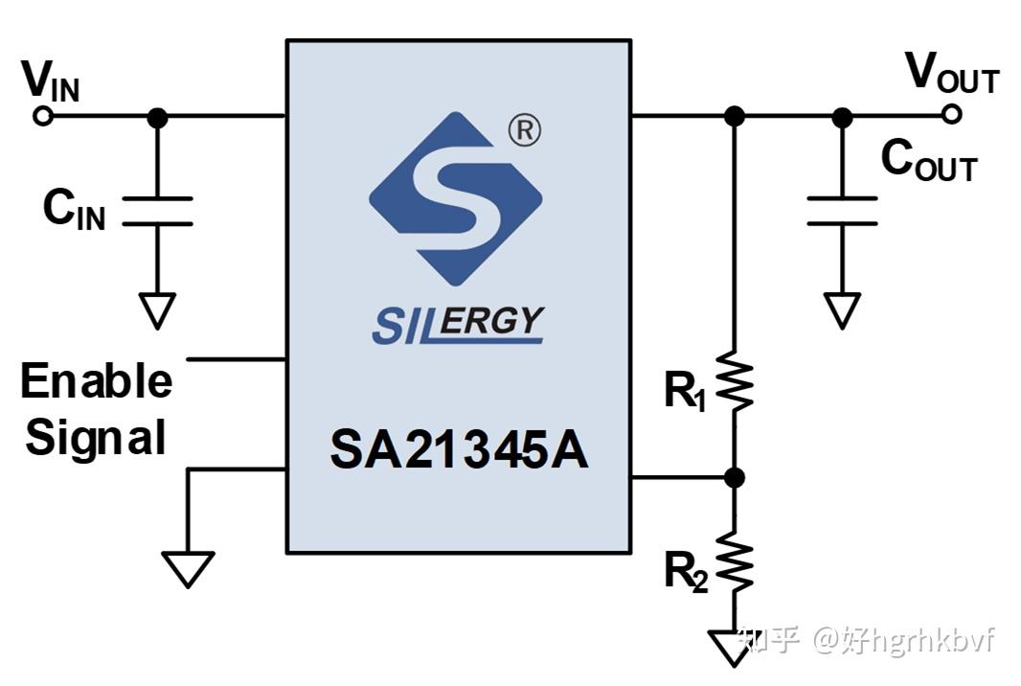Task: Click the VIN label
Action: pyautogui.click(x=51, y=82)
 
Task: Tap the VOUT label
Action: pyautogui.click(x=951, y=75)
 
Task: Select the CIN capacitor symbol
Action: pyautogui.click(x=157, y=212)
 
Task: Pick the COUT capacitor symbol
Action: pyautogui.click(x=842, y=211)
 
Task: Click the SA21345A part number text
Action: pyautogui.click(x=459, y=450)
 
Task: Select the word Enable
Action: pyautogui.click(x=96, y=381)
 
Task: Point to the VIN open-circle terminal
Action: pyautogui.click(x=42, y=116)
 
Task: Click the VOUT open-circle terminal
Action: pyautogui.click(x=950, y=115)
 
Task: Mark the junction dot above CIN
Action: pyautogui.click(x=158, y=118)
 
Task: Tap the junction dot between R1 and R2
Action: pyautogui.click(x=735, y=477)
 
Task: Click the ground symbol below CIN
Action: pyautogui.click(x=157, y=309)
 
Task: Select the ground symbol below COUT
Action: pyautogui.click(x=842, y=309)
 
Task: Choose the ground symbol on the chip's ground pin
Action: pyautogui.click(x=188, y=567)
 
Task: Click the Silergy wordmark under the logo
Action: pyautogui.click(x=458, y=325)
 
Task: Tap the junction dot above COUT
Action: pyautogui.click(x=842, y=117)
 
